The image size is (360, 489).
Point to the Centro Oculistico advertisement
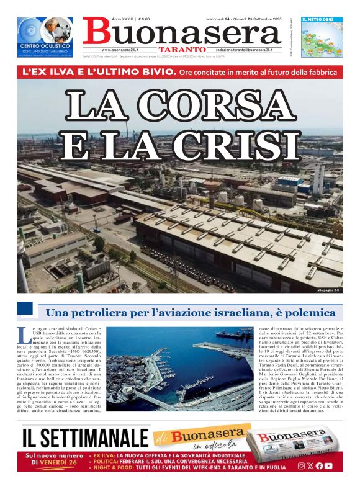pyautogui.click(x=45, y=37)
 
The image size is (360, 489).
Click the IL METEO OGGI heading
pyautogui.click(x=320, y=20)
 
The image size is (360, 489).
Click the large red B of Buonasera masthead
pyautogui.click(x=95, y=32)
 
